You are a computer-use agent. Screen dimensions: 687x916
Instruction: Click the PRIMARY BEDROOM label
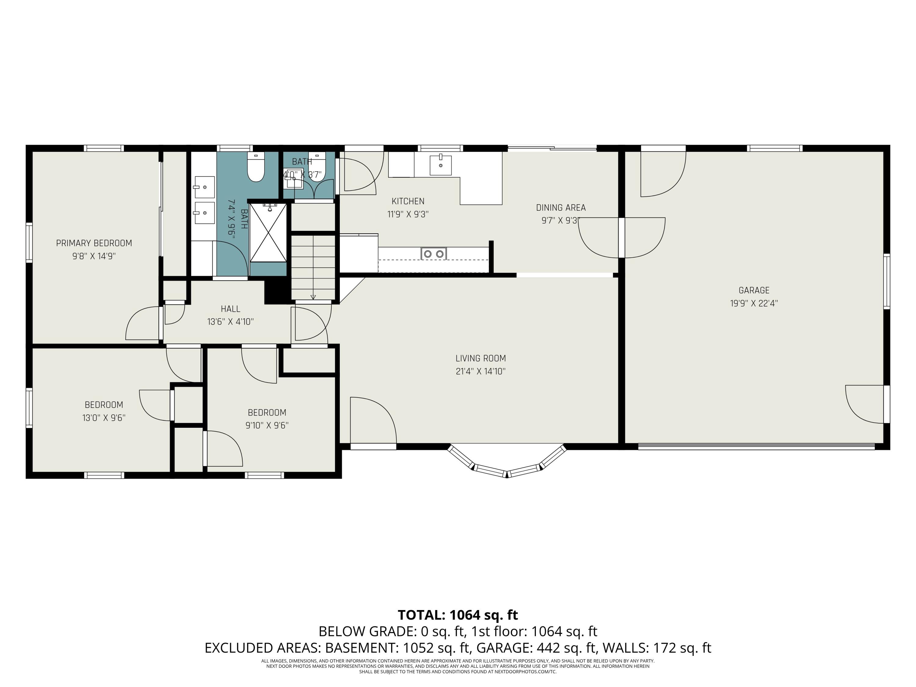(x=94, y=243)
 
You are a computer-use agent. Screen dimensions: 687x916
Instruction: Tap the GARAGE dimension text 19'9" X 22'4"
(x=754, y=303)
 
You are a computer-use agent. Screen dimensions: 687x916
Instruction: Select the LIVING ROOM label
(x=480, y=358)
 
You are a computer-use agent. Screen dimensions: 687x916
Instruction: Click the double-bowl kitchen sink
(x=434, y=253)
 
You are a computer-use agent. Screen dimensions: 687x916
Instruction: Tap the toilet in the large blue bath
(x=256, y=167)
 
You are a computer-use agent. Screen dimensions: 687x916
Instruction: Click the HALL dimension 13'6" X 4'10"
(x=230, y=322)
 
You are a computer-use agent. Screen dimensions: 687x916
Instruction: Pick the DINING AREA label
(x=561, y=207)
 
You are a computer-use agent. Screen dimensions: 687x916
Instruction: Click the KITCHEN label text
(x=408, y=201)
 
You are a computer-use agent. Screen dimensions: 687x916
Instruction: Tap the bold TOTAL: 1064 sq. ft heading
(x=458, y=615)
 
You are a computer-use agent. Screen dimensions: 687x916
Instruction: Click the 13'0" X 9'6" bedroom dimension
(x=104, y=418)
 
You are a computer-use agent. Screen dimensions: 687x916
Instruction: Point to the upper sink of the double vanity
(x=205, y=187)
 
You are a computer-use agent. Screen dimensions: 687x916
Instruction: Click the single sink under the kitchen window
(x=440, y=165)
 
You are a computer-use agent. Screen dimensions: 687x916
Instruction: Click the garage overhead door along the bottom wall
(x=756, y=446)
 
